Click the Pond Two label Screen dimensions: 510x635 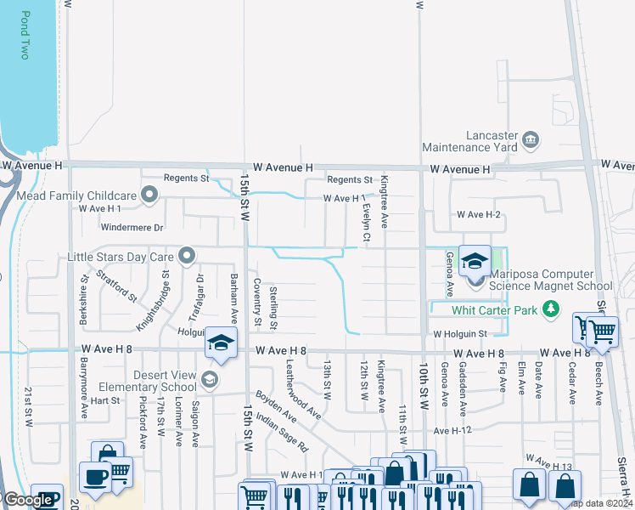(x=25, y=35)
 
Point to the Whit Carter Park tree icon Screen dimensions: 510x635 (x=552, y=309)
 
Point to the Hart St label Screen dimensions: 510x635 (x=106, y=399)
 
